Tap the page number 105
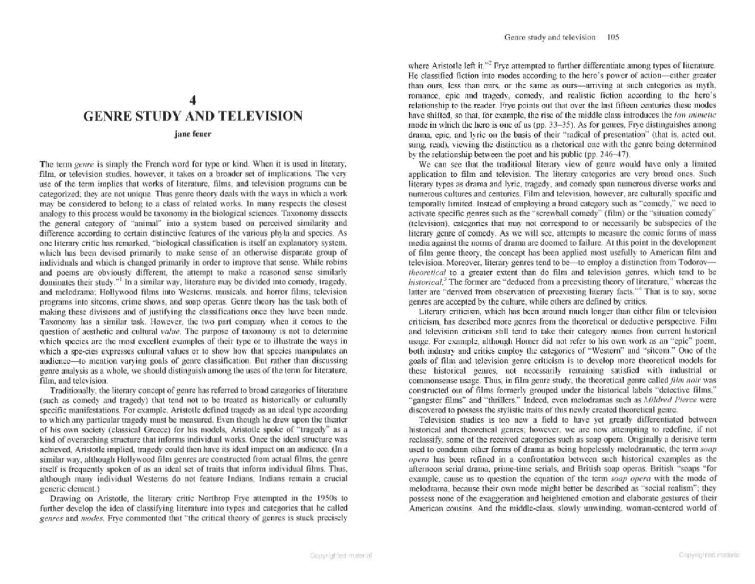(613, 37)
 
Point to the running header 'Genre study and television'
(550, 37)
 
